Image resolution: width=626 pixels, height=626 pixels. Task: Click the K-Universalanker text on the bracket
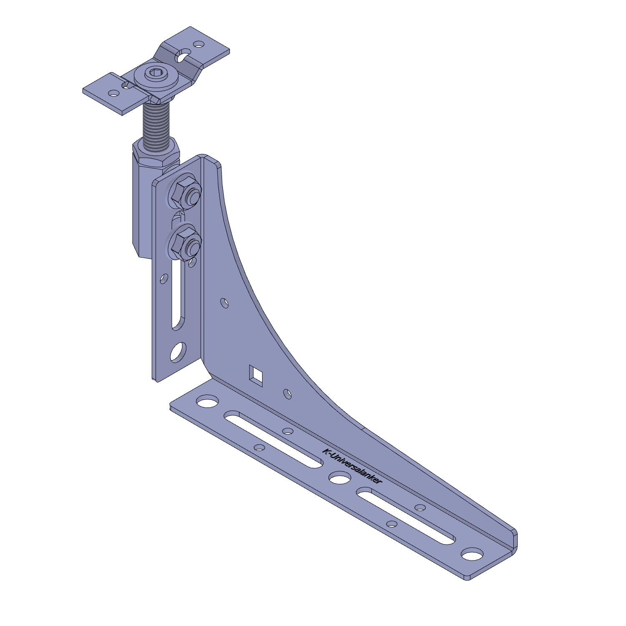click(352, 466)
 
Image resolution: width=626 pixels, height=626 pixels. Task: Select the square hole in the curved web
click(256, 373)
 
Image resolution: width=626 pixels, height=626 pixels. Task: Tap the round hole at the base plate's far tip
click(472, 554)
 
